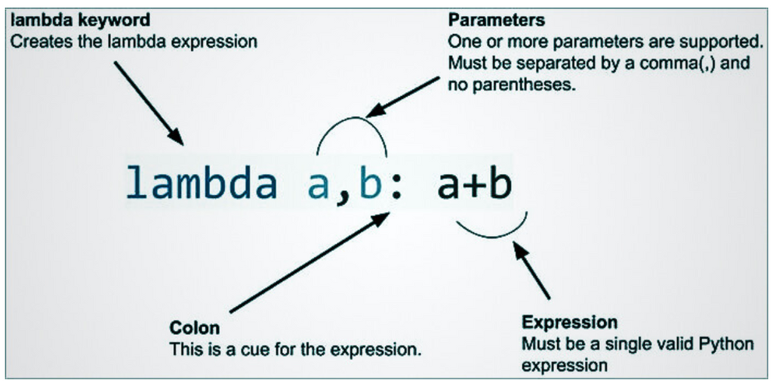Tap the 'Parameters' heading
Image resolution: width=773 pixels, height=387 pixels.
[496, 19]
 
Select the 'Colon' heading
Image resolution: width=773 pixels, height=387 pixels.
[195, 328]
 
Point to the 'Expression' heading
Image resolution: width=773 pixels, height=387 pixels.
[569, 323]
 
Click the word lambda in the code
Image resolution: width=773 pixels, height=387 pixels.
[202, 184]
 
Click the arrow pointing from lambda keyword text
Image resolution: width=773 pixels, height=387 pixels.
[149, 103]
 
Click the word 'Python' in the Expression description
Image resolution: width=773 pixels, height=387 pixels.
[727, 345]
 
